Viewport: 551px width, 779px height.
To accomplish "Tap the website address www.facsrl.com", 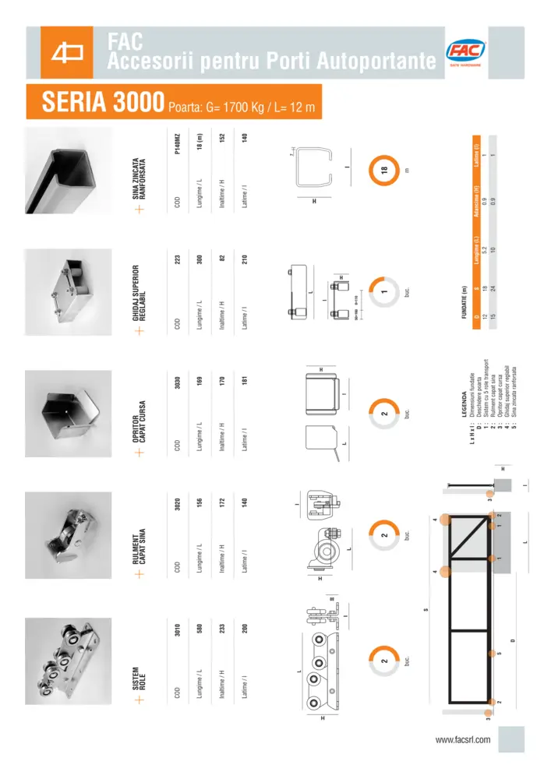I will pyautogui.click(x=462, y=739).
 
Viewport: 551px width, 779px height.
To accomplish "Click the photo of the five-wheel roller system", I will pyautogui.click(x=65, y=662).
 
